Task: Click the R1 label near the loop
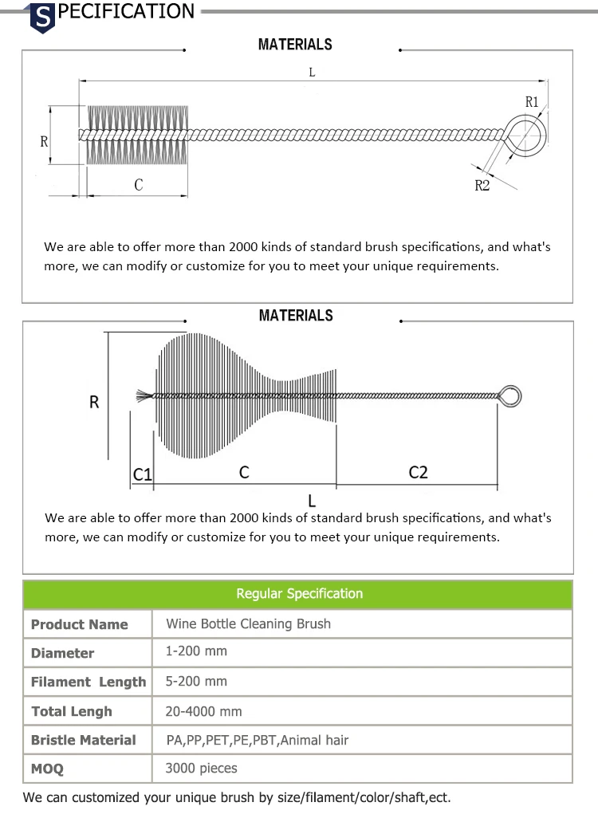532,101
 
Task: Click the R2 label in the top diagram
482,186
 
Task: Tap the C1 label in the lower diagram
142,474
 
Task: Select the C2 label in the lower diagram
418,472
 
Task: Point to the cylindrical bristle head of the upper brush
137,135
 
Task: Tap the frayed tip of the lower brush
144,395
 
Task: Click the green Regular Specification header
298,594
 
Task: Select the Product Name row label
79,624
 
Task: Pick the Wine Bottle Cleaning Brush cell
248,623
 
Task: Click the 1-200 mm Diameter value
196,651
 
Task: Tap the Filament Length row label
88,682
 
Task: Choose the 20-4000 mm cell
203,711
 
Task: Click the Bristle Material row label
83,740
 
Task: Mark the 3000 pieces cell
201,769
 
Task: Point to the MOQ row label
47,769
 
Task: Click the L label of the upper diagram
312,72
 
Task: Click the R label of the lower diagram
94,403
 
